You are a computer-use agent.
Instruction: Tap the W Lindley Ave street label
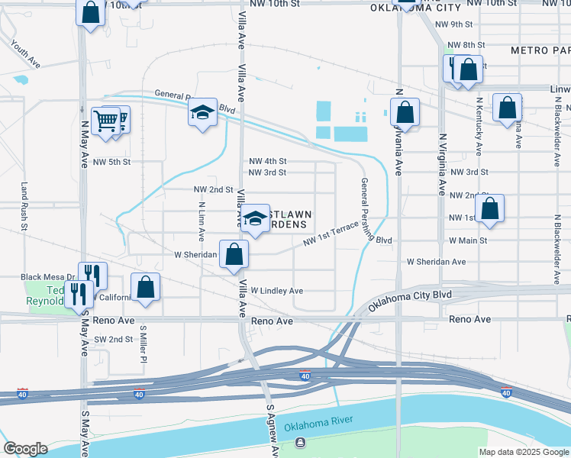[x=271, y=291]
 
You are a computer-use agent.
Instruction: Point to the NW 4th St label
[x=268, y=161]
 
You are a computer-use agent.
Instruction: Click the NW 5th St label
[x=112, y=162]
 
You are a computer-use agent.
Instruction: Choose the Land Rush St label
[x=24, y=206]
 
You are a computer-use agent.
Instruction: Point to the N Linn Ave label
[x=202, y=221]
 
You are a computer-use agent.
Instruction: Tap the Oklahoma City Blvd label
[x=410, y=299]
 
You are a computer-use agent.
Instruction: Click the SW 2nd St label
[x=113, y=339]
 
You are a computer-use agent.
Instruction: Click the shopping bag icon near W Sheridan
[x=234, y=253]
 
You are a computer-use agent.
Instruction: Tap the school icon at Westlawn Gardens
[x=256, y=216]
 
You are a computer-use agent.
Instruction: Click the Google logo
[x=25, y=449]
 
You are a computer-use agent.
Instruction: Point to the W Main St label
[x=468, y=240]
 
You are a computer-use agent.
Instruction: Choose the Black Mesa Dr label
[x=47, y=277]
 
